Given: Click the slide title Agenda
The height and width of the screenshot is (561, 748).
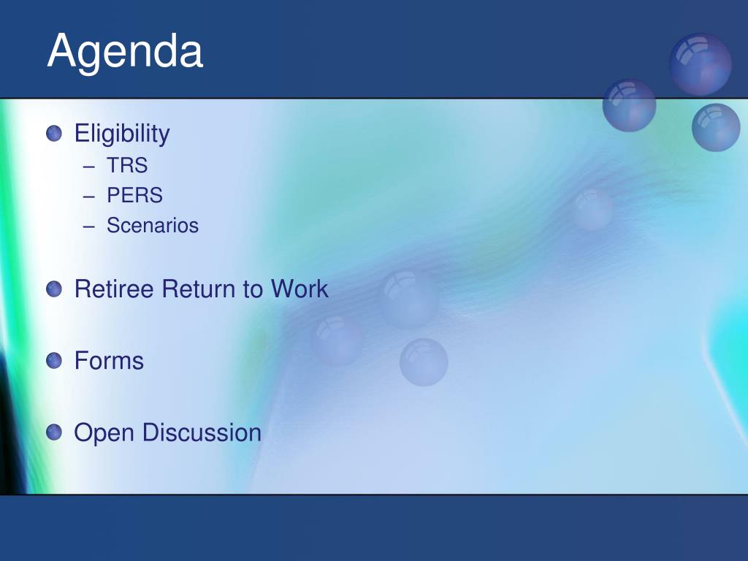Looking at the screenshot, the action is (125, 53).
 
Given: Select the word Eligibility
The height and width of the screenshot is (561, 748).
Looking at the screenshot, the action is (122, 134).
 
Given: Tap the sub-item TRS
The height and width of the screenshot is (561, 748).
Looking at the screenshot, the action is (127, 166).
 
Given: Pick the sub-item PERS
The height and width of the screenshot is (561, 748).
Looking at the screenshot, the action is (134, 195).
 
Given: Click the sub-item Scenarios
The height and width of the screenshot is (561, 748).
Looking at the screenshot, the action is (153, 225).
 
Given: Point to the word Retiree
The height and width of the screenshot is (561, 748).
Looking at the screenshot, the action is (114, 289).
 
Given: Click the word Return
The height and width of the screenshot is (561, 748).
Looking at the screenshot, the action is (199, 289).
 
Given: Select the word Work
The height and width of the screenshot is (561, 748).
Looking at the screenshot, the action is (299, 289).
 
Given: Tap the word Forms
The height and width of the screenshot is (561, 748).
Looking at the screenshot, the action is (110, 361).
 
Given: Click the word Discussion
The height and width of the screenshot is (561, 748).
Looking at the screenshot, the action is (202, 432).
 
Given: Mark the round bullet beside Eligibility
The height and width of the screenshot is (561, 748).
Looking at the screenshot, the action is (54, 134).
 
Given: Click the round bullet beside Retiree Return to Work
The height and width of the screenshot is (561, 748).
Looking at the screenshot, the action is (54, 289).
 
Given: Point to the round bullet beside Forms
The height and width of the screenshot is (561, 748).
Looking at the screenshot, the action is (54, 361).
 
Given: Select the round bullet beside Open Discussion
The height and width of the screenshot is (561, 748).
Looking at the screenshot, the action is (54, 432).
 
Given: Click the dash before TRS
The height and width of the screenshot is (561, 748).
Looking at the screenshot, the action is (88, 167).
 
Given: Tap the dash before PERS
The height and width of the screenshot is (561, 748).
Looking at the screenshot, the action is (88, 196).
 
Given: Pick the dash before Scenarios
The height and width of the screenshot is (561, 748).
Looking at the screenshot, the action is (88, 226).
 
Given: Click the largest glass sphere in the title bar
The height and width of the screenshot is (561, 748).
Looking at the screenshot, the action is (701, 64).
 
